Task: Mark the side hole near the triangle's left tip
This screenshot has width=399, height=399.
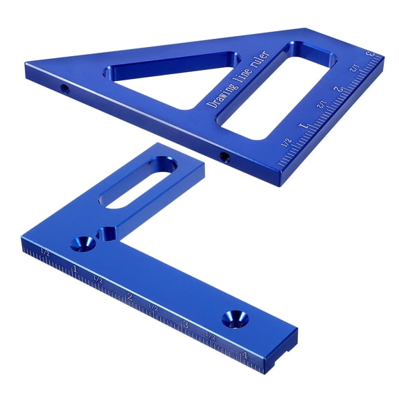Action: pyautogui.click(x=64, y=89)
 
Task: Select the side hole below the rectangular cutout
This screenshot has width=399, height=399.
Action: pyautogui.click(x=224, y=156)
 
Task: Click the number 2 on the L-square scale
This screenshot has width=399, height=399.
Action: pyautogui.click(x=130, y=297)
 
